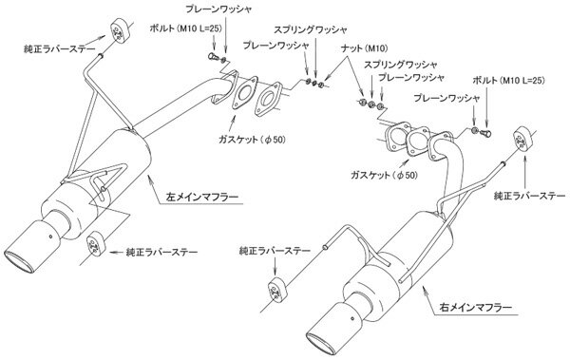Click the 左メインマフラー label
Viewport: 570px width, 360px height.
[x=202, y=198]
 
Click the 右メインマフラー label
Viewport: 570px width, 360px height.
[x=476, y=308]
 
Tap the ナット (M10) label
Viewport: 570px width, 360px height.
[x=365, y=47]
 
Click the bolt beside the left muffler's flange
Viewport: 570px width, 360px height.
[x=213, y=56]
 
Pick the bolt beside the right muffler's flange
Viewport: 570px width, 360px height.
[x=486, y=133]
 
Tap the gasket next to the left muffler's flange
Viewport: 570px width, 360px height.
[x=244, y=93]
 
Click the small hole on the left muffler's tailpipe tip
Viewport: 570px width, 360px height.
[x=50, y=237]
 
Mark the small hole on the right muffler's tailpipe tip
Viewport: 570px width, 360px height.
[x=351, y=318]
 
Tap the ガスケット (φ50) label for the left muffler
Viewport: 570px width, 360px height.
[x=252, y=139]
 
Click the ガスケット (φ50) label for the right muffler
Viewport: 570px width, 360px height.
[x=384, y=175]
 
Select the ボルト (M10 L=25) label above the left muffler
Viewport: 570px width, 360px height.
[x=185, y=28]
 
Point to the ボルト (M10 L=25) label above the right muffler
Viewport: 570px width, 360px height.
[x=508, y=81]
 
